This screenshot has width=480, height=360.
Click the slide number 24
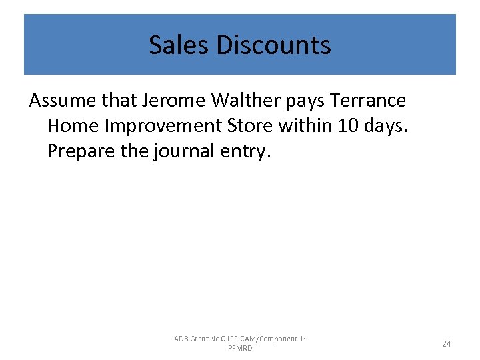[447, 343]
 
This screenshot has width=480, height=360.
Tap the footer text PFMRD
[239, 349]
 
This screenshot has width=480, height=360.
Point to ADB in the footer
[181, 339]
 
